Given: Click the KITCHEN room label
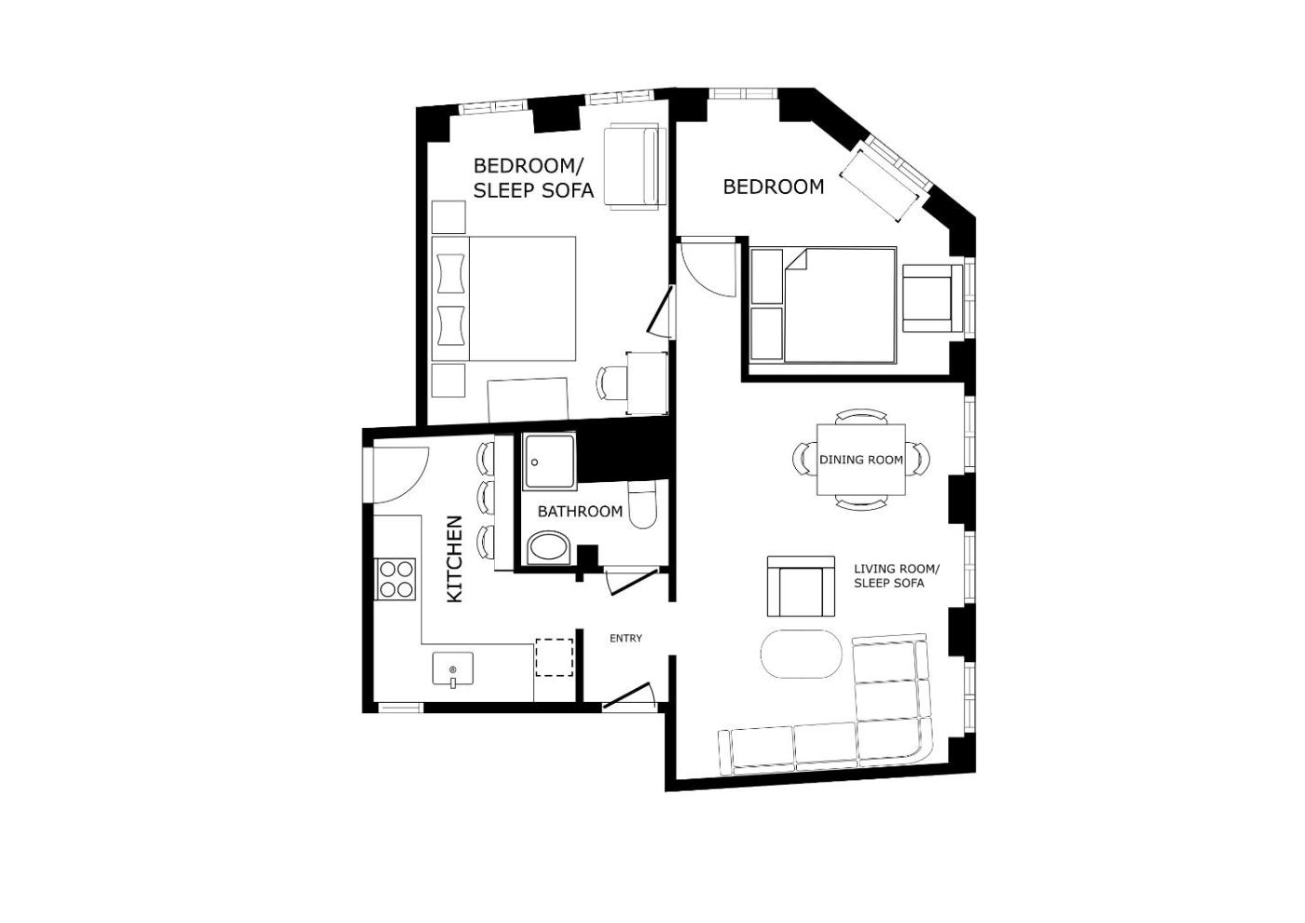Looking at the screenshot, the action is (454, 558).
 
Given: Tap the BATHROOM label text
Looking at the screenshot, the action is (580, 512).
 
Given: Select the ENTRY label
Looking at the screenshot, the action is (625, 638).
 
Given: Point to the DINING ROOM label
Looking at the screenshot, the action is (861, 460).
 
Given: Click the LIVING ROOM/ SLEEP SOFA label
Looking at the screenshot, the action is (897, 576).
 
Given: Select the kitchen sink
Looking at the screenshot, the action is (453, 669).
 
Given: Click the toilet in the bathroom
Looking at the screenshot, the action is (643, 504).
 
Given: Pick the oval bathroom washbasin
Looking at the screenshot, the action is (550, 548).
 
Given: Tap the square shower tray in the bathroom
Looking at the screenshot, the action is (549, 462).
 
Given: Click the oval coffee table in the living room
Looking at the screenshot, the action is (802, 654).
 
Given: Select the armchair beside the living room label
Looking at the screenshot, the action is (801, 586).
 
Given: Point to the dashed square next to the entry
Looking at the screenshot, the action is (554, 657).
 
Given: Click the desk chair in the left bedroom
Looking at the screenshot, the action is (611, 383).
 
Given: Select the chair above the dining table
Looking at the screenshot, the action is (861, 416).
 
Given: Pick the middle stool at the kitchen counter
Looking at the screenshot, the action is (486, 497).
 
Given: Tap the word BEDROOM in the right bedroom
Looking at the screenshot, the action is (773, 186).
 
